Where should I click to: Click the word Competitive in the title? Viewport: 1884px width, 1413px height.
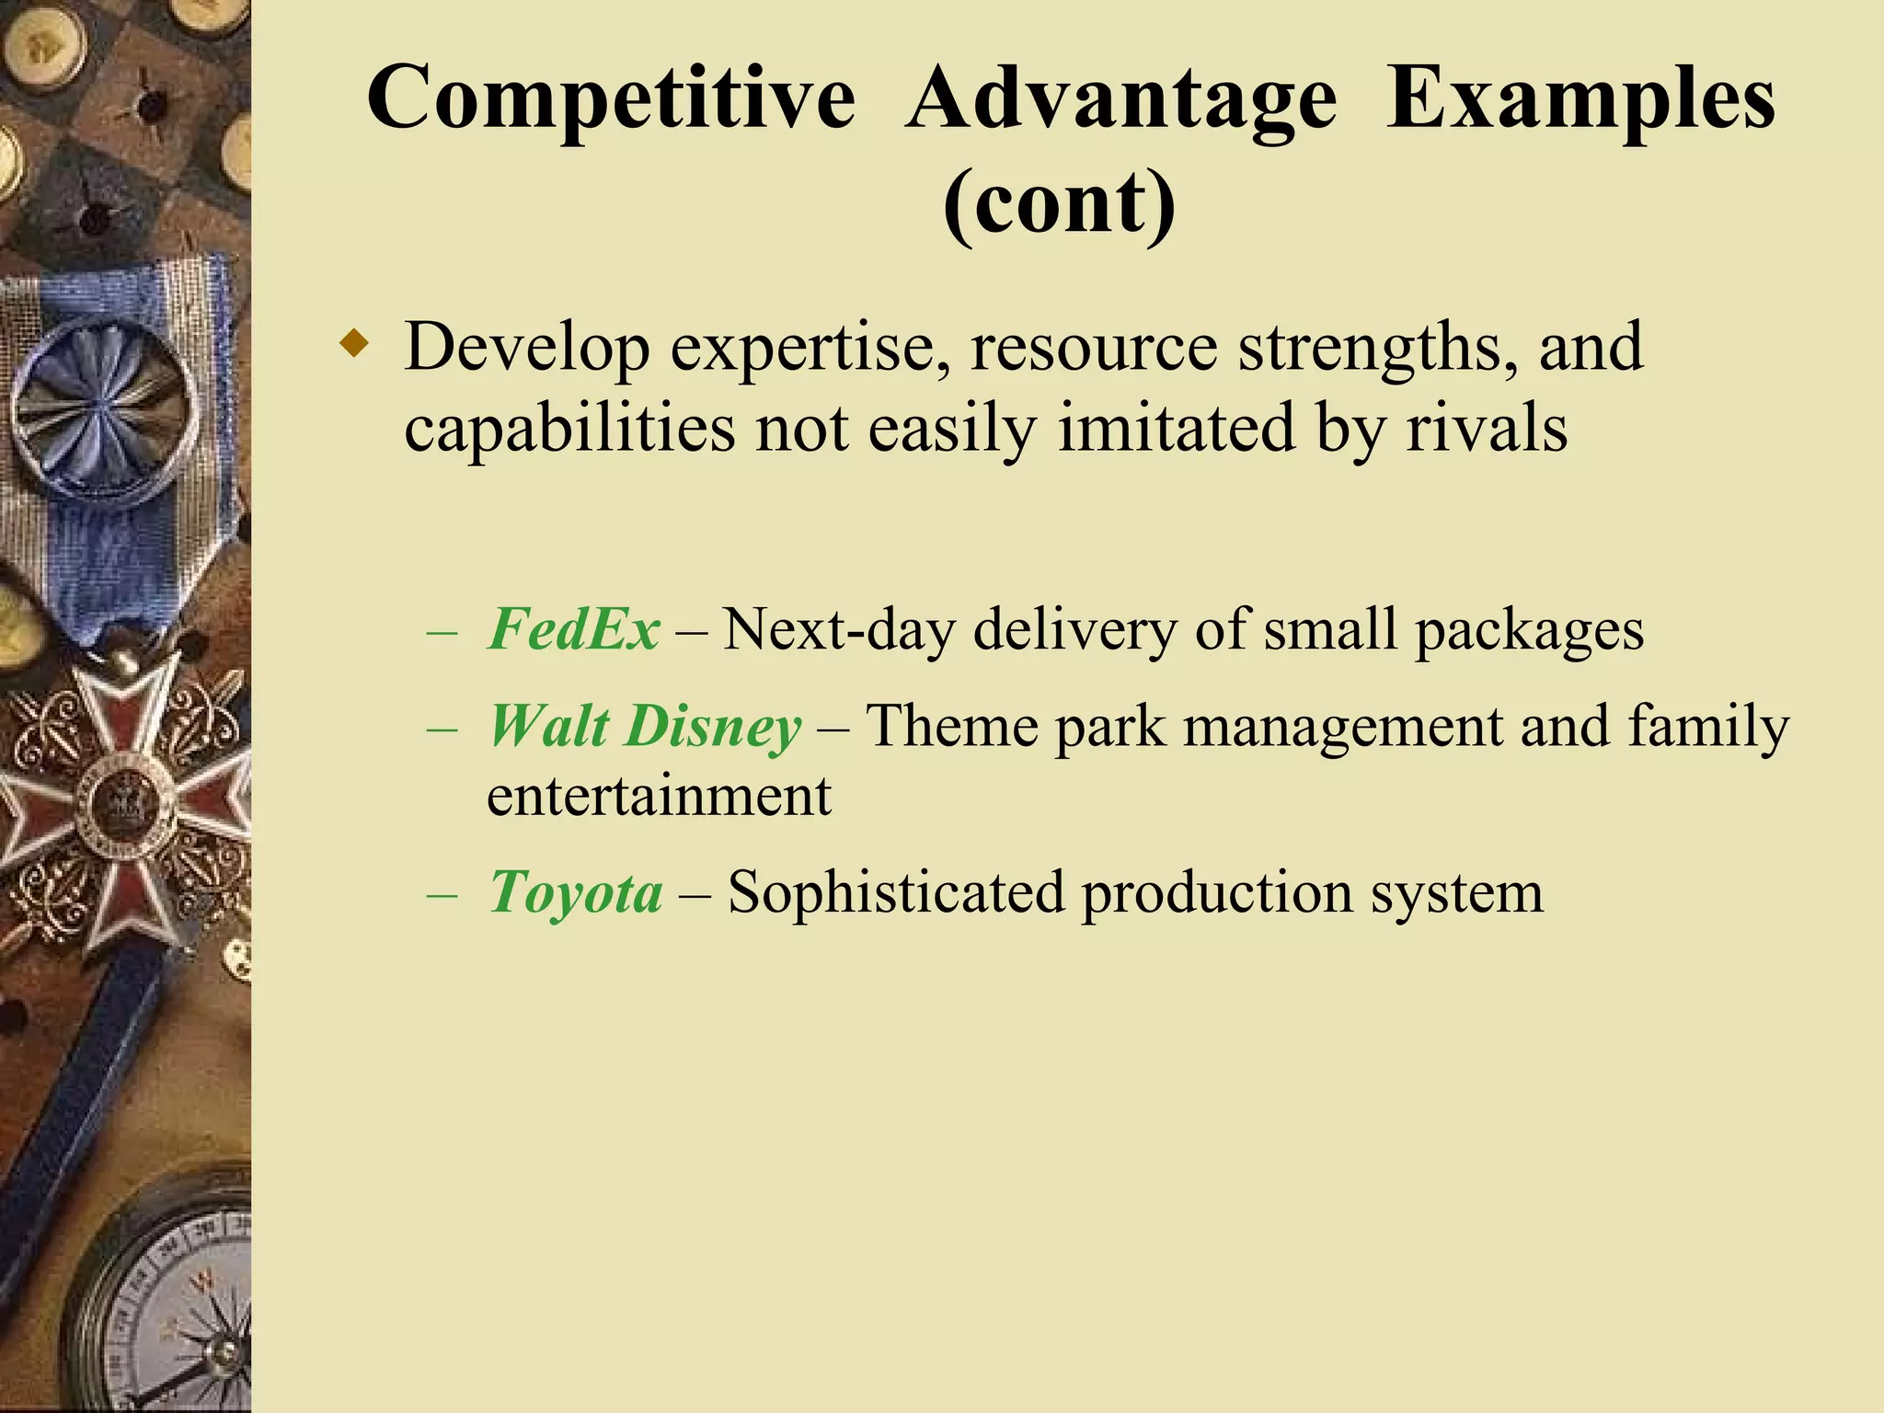611,99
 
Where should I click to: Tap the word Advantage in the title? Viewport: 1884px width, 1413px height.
1120,99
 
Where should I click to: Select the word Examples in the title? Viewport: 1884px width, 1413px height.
1580,99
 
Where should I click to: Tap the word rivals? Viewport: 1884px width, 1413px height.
1486,429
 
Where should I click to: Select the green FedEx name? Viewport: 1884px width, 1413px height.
573,630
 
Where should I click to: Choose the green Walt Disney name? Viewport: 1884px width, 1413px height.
644,727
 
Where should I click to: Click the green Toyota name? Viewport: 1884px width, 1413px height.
575,892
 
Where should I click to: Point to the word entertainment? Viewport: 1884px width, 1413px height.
659,797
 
